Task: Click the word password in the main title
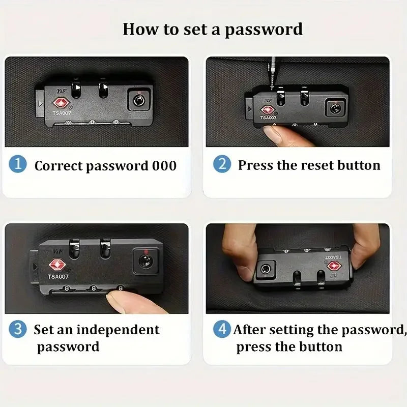point(264,30)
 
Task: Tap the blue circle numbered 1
point(18,164)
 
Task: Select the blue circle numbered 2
point(222,164)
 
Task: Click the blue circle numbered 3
point(18,329)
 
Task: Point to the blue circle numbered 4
point(222,329)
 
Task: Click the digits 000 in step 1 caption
point(164,166)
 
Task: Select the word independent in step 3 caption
point(118,330)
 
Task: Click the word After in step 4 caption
point(249,330)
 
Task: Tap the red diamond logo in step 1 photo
point(61,103)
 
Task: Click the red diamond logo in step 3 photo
point(57,265)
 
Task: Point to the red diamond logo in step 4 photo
point(334,266)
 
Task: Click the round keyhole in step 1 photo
point(139,100)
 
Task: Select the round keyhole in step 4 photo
point(266,269)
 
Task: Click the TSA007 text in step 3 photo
point(58,277)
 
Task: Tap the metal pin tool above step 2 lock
point(272,73)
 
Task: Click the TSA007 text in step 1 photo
point(62,113)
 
